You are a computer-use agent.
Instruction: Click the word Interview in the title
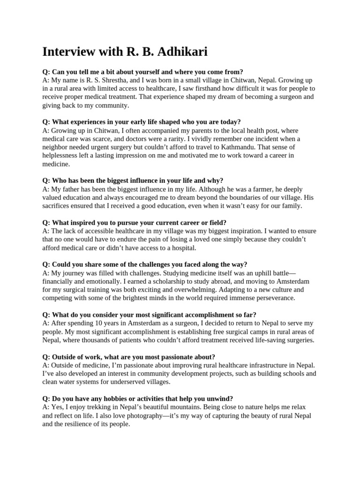click(x=69, y=52)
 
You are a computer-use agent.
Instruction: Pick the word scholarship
click(x=167, y=281)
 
